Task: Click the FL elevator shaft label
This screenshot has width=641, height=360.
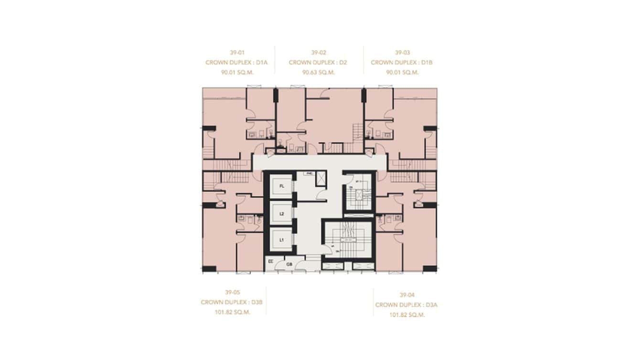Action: tap(282, 186)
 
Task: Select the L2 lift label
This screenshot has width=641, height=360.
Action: tap(282, 214)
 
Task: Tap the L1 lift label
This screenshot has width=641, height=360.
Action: tap(282, 240)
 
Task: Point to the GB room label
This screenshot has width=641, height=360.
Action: tap(289, 264)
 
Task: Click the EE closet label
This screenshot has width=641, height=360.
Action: tap(271, 262)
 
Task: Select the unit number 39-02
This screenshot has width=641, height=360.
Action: tap(318, 53)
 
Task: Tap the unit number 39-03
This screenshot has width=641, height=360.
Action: tap(402, 53)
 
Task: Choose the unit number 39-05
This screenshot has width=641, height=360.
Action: tap(233, 292)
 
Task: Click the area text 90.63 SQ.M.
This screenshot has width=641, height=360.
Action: tap(318, 73)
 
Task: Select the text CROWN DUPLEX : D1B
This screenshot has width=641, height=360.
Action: tap(402, 63)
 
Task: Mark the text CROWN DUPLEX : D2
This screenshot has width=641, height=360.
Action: tap(318, 63)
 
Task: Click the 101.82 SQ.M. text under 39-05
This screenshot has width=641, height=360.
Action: tap(233, 312)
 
